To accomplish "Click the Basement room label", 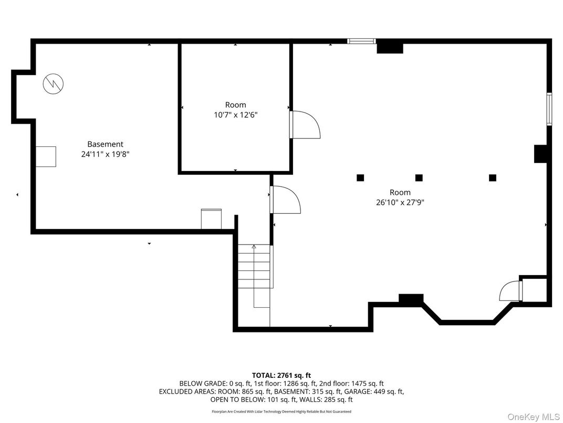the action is coord(105,144).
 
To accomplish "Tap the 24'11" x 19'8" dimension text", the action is coord(105,154).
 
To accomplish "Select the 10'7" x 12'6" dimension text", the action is coord(235,115).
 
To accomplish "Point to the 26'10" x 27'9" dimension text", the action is coord(400,203).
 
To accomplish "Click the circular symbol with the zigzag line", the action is coord(53,84).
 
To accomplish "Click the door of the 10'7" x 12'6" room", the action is coord(305,125).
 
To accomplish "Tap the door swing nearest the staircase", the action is coord(286,199).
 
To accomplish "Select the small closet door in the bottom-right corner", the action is coord(510,290).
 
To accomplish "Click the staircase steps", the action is coord(254,266).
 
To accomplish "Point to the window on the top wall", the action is coord(361,41).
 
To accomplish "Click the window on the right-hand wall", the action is coord(549,109).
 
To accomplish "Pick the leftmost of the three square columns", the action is coord(360,178).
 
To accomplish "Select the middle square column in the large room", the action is coord(419,178).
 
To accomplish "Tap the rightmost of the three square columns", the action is coord(493,178).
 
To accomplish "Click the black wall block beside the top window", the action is coord(390,48).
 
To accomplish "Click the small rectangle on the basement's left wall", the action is coord(46,156).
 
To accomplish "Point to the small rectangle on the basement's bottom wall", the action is coord(211,219).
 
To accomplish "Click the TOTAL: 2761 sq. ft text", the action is coord(281,376).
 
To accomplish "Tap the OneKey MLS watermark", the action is coord(533,417).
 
